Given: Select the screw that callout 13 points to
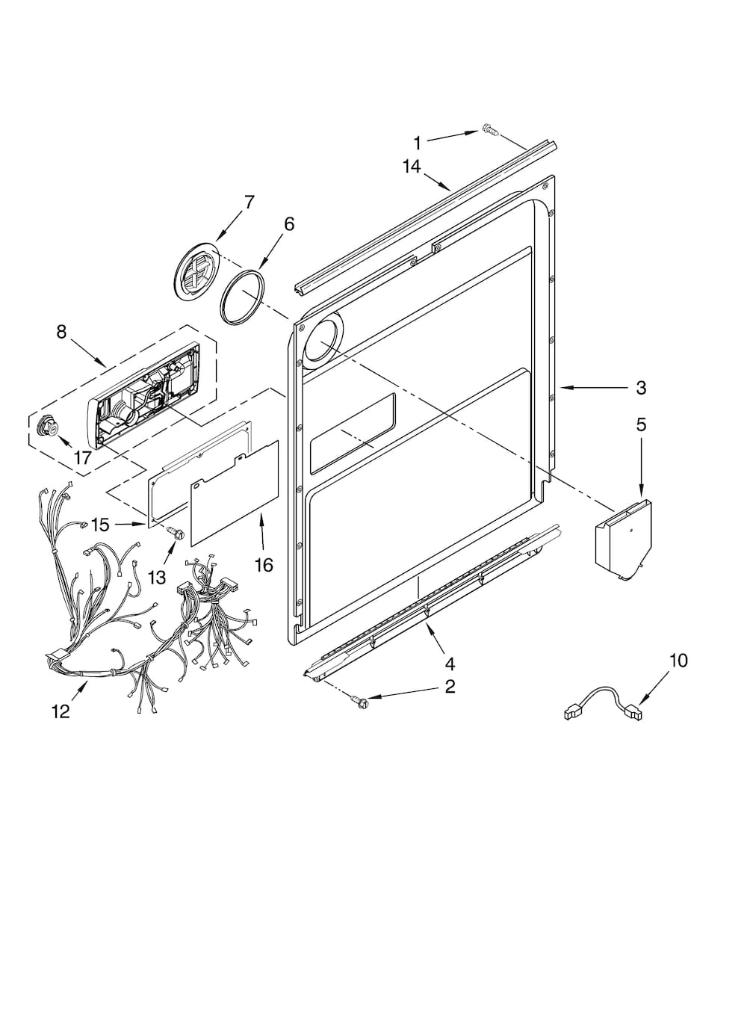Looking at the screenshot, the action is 176,533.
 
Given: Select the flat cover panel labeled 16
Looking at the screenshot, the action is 234,493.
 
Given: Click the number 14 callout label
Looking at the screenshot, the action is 412,167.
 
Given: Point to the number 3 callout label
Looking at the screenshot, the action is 641,388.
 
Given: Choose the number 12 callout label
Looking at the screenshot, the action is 61,712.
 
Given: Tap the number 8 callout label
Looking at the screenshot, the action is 61,331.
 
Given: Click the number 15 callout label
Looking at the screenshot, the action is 100,525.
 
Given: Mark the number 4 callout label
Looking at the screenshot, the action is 450,664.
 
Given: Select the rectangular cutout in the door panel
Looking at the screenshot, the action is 353,433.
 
